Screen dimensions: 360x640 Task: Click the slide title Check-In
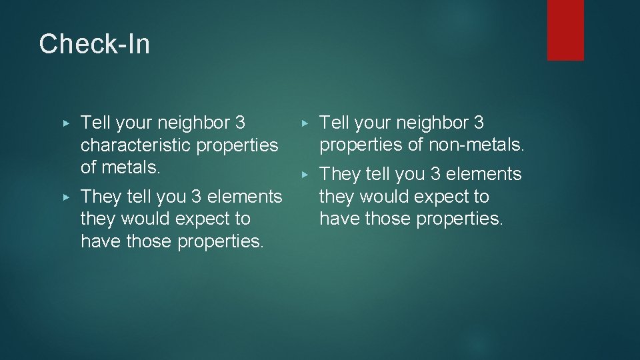(x=94, y=45)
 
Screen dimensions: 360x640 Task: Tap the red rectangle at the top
(x=565, y=29)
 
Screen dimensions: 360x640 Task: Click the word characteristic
(x=133, y=145)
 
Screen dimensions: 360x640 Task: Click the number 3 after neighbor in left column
(x=239, y=123)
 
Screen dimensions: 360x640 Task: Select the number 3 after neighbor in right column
(x=479, y=123)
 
